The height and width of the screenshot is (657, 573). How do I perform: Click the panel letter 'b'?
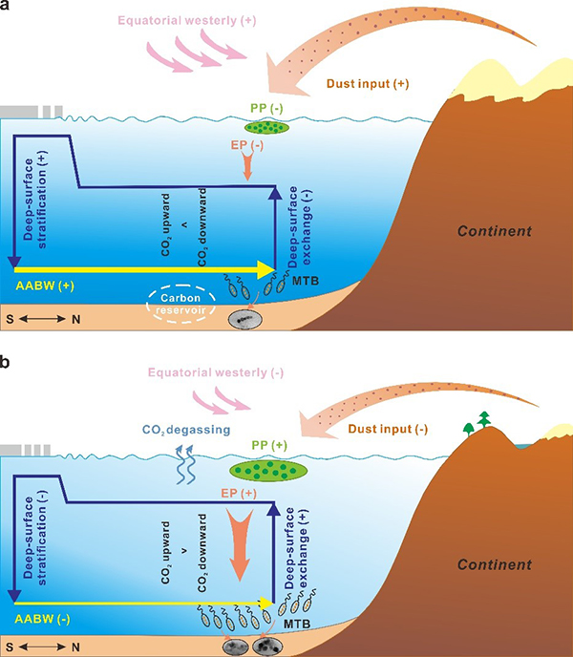[x=4, y=362]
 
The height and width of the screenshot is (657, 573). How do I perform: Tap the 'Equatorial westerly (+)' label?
[x=187, y=21]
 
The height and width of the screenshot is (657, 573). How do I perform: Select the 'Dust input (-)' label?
[x=388, y=429]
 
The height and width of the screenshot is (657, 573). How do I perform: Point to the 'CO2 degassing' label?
[x=186, y=430]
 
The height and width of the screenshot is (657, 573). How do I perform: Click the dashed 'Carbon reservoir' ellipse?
[x=181, y=305]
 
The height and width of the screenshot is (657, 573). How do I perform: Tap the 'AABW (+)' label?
[x=45, y=286]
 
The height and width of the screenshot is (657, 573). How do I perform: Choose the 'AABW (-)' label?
[x=42, y=619]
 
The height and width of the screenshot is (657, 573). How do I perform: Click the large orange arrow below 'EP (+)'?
[x=240, y=543]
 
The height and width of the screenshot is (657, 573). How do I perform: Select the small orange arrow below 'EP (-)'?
[x=247, y=166]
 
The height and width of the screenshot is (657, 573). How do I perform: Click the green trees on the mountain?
[x=477, y=423]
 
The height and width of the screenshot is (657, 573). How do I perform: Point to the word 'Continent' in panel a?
[x=495, y=231]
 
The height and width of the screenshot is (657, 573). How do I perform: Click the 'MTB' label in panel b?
[x=297, y=624]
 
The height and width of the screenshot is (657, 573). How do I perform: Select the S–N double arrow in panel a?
[x=42, y=319]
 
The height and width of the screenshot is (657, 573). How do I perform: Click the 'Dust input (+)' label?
[x=368, y=83]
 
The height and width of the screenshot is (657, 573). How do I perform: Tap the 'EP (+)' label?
[x=239, y=493]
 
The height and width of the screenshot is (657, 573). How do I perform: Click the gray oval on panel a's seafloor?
[x=245, y=320]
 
